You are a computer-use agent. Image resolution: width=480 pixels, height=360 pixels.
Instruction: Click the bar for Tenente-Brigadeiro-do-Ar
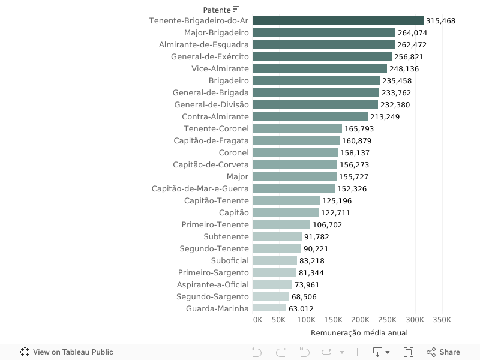point(338,21)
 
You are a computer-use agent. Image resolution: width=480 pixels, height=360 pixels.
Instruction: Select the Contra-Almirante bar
point(310,117)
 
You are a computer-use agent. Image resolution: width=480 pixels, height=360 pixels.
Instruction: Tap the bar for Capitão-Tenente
point(286,201)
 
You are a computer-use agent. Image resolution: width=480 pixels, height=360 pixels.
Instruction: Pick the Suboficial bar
point(275,261)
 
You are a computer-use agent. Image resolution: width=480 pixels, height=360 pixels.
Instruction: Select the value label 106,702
point(328,225)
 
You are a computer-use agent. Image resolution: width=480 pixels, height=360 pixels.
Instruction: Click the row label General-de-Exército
point(209,57)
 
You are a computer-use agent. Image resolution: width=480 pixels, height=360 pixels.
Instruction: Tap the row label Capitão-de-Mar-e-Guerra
point(200,189)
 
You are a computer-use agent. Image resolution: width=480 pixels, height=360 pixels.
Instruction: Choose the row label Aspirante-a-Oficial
point(212,285)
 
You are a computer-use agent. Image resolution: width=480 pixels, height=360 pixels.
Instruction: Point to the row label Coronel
point(233,153)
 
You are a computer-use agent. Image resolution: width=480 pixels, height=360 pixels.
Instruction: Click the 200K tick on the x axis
point(361,320)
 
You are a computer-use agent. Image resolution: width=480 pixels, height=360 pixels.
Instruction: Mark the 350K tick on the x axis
point(442,320)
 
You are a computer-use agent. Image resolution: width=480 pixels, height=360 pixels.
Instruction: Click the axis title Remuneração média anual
point(359,333)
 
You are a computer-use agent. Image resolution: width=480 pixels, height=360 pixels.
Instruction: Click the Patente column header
point(217,10)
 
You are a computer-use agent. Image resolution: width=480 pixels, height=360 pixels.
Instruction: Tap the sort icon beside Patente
point(236,9)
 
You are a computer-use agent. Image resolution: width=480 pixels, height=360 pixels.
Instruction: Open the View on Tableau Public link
point(67,352)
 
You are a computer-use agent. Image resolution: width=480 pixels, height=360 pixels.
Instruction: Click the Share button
point(443,352)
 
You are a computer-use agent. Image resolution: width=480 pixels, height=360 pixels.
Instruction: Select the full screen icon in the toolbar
point(409,352)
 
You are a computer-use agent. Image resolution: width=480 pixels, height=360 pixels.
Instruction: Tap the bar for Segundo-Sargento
point(271,297)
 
